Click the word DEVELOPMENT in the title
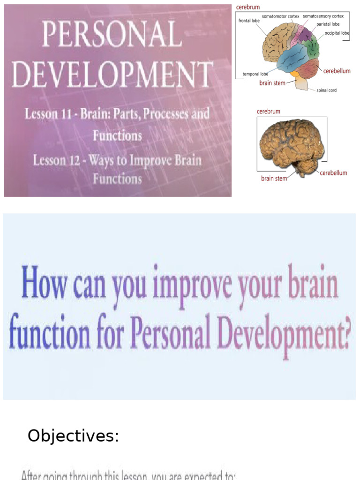[x=112, y=75]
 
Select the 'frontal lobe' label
[x=249, y=21]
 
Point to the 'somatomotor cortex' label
[x=280, y=16]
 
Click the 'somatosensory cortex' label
[x=323, y=16]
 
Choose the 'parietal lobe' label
[x=328, y=24]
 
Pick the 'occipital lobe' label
[x=337, y=33]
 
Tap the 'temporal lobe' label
[x=255, y=74]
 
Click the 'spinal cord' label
[x=326, y=90]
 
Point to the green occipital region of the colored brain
[x=312, y=47]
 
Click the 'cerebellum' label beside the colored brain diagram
[x=337, y=71]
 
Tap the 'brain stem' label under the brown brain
[x=274, y=179]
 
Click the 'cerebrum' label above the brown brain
[x=269, y=112]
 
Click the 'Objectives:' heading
[x=73, y=436]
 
